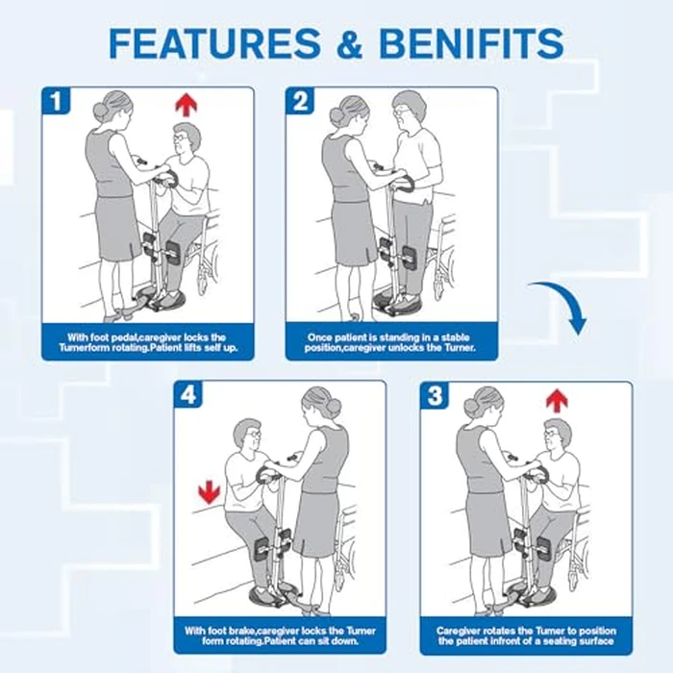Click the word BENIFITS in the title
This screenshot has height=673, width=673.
470,44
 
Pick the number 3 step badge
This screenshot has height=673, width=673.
435,395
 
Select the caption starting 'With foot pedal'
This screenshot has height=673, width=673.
147,342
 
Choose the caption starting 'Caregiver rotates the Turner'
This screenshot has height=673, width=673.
525,636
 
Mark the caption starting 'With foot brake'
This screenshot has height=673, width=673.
280,636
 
